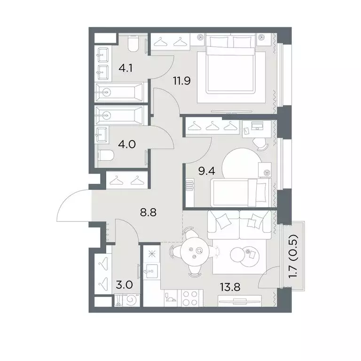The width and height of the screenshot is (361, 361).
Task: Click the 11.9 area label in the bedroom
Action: pos(182,81)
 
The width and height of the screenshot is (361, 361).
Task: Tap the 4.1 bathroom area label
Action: pos(126,68)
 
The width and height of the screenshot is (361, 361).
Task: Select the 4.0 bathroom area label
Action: pos(127,144)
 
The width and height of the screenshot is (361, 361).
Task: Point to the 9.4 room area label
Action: pos(206,171)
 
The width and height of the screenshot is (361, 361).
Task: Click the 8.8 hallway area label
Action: pos(148,212)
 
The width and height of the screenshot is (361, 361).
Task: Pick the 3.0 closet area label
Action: pos(124,285)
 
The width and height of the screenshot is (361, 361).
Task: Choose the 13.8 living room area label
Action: pos(230,287)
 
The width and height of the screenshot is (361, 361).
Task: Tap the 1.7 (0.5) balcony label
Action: pos(294,256)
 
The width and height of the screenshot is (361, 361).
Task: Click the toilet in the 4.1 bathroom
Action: pos(133,44)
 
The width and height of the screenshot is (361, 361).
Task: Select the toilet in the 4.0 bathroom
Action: pos(106,156)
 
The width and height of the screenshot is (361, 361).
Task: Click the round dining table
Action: pos(192,253)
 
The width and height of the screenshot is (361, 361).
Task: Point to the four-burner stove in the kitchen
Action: pos(191,298)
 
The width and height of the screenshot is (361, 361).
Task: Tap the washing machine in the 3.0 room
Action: pos(131,300)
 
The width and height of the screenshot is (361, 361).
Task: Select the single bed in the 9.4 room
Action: pos(241,193)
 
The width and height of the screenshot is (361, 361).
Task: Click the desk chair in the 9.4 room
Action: pos(261,144)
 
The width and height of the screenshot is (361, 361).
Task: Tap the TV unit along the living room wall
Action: pos(240,301)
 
